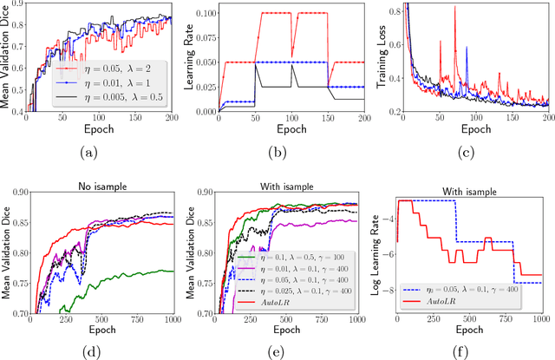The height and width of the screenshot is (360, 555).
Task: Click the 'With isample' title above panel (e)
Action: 292,174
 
